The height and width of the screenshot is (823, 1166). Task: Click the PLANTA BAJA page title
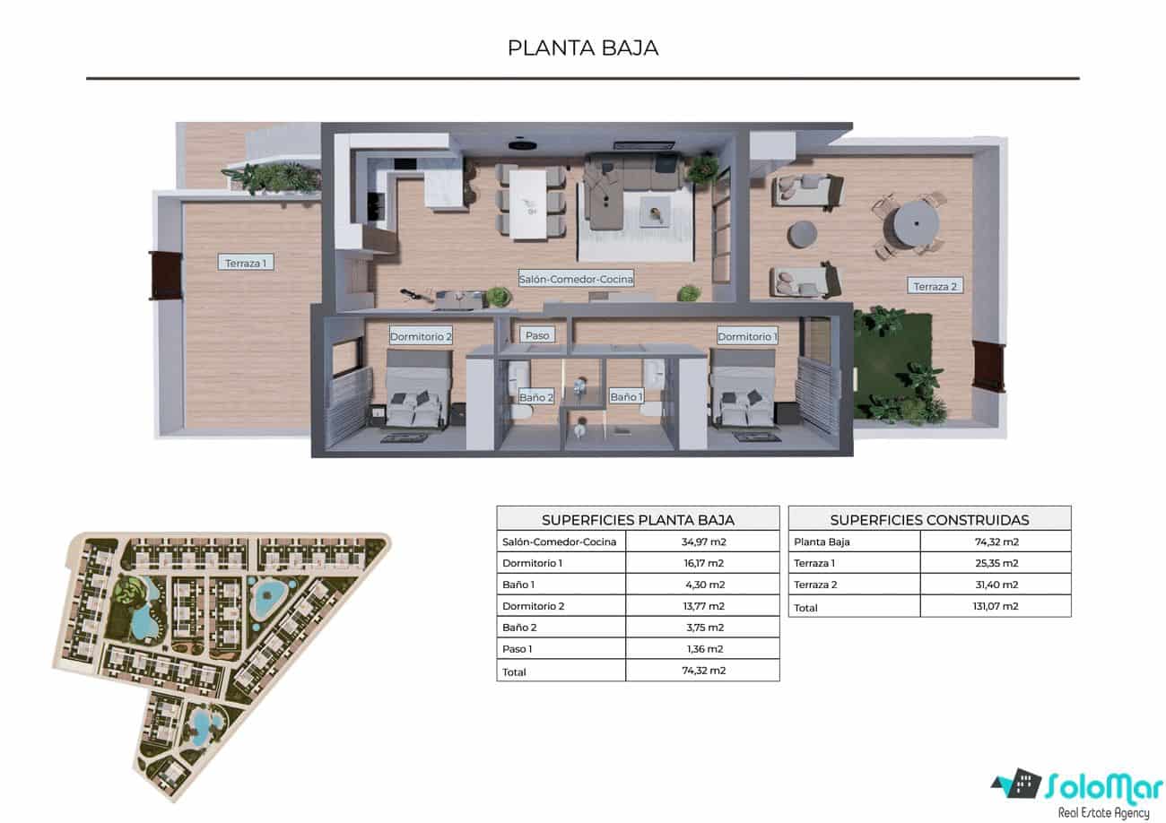click(x=583, y=48)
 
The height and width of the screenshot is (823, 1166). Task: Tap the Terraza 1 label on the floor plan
click(x=245, y=263)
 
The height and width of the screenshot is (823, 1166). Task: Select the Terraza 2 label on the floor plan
click(x=935, y=287)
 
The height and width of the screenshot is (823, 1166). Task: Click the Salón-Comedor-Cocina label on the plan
click(x=576, y=279)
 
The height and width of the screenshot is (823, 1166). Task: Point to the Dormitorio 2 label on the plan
click(x=421, y=337)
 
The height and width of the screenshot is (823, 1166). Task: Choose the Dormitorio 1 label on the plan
click(x=747, y=337)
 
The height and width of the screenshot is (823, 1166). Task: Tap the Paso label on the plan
click(x=537, y=335)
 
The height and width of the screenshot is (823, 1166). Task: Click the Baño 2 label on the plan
click(x=536, y=396)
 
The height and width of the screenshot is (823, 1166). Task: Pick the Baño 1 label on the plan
click(x=626, y=396)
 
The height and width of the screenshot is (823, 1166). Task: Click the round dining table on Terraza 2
click(x=908, y=221)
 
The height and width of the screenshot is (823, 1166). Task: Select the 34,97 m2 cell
click(x=702, y=541)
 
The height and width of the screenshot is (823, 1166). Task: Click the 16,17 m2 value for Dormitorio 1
click(x=702, y=563)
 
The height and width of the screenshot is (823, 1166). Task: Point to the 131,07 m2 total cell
click(x=996, y=606)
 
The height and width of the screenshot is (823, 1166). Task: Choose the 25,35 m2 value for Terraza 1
click(x=996, y=563)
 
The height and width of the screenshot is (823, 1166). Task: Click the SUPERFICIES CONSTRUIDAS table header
click(x=929, y=519)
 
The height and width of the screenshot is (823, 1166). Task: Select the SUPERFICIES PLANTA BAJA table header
click(x=638, y=519)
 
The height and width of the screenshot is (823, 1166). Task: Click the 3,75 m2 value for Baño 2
click(x=702, y=628)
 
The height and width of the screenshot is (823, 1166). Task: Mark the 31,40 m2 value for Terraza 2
click(x=996, y=585)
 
